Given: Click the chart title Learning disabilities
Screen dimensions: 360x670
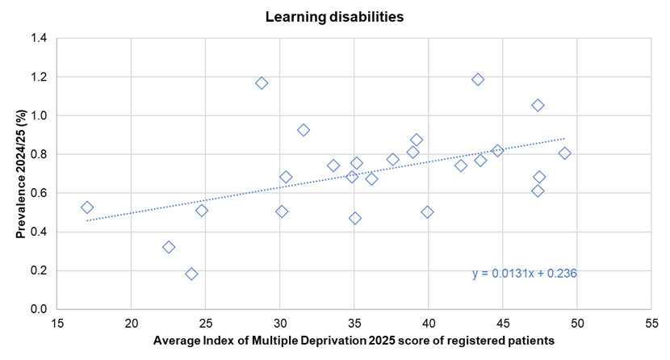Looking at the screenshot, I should [334, 15].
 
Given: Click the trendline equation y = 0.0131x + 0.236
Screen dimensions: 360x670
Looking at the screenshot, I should [525, 274].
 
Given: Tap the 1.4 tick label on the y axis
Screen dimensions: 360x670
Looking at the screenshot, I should [38, 39].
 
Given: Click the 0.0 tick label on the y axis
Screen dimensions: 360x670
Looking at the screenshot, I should [38, 310].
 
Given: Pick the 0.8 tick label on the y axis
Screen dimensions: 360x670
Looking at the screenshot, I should [38, 155].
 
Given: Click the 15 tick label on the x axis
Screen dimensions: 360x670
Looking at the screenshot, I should [57, 323].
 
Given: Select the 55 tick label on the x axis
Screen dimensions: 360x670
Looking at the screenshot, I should [651, 323].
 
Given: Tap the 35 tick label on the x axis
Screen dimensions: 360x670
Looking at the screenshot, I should [354, 323].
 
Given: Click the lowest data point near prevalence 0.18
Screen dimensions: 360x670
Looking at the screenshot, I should [191, 274].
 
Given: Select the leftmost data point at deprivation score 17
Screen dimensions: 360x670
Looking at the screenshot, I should [87, 207].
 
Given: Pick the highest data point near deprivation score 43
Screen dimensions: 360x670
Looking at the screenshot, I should [478, 79].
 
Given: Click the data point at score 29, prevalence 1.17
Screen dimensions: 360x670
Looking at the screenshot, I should [262, 83].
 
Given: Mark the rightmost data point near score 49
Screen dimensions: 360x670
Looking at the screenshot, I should [564, 153].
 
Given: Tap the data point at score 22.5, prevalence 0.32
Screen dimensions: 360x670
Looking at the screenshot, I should [169, 247].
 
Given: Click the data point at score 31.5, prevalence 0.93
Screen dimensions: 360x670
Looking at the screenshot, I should [304, 130].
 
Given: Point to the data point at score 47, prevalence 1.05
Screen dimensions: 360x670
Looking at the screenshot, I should [538, 106].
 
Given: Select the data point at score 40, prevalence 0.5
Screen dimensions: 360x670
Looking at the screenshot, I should [427, 212].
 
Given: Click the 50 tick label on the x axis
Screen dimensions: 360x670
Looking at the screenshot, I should [576, 323].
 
